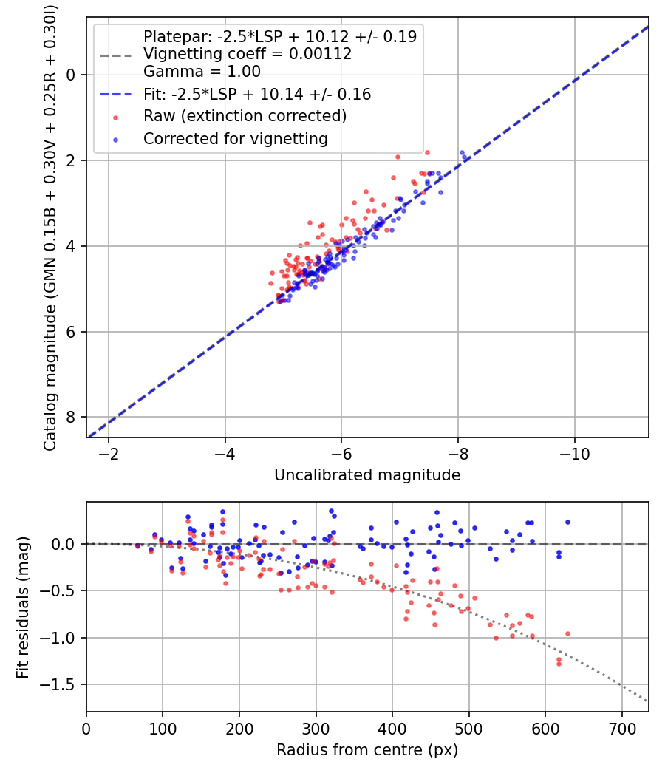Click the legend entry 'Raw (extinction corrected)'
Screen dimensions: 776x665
click(245, 116)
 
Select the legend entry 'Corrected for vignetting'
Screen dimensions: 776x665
click(235, 138)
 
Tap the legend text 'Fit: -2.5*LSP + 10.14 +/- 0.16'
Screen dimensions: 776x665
click(256, 95)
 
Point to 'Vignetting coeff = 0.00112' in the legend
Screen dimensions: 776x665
click(247, 54)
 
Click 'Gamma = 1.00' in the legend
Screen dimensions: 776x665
click(202, 72)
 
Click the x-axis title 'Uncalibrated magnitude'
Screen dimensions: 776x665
click(366, 475)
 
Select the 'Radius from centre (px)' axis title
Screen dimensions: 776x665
click(366, 750)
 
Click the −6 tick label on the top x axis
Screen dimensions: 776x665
click(341, 452)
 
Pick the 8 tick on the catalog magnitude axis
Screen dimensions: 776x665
click(72, 418)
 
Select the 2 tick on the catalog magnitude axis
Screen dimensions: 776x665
click(72, 160)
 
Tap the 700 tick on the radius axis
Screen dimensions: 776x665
click(621, 727)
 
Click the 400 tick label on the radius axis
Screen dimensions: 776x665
click(392, 727)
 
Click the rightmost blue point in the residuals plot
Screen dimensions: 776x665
click(567, 522)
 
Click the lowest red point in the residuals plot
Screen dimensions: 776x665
click(559, 664)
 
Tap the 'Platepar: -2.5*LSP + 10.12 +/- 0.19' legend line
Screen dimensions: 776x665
click(279, 35)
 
